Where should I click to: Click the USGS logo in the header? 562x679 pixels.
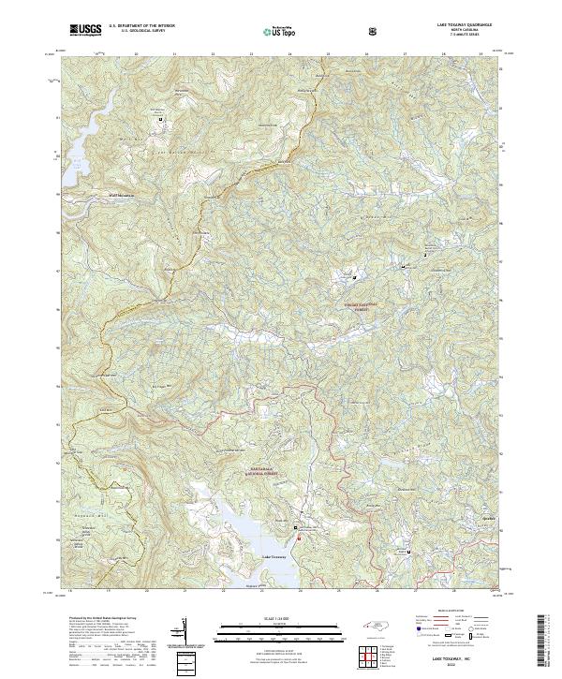pyautogui.click(x=85, y=30)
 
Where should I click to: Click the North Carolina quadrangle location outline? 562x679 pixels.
pyautogui.click(x=375, y=631)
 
